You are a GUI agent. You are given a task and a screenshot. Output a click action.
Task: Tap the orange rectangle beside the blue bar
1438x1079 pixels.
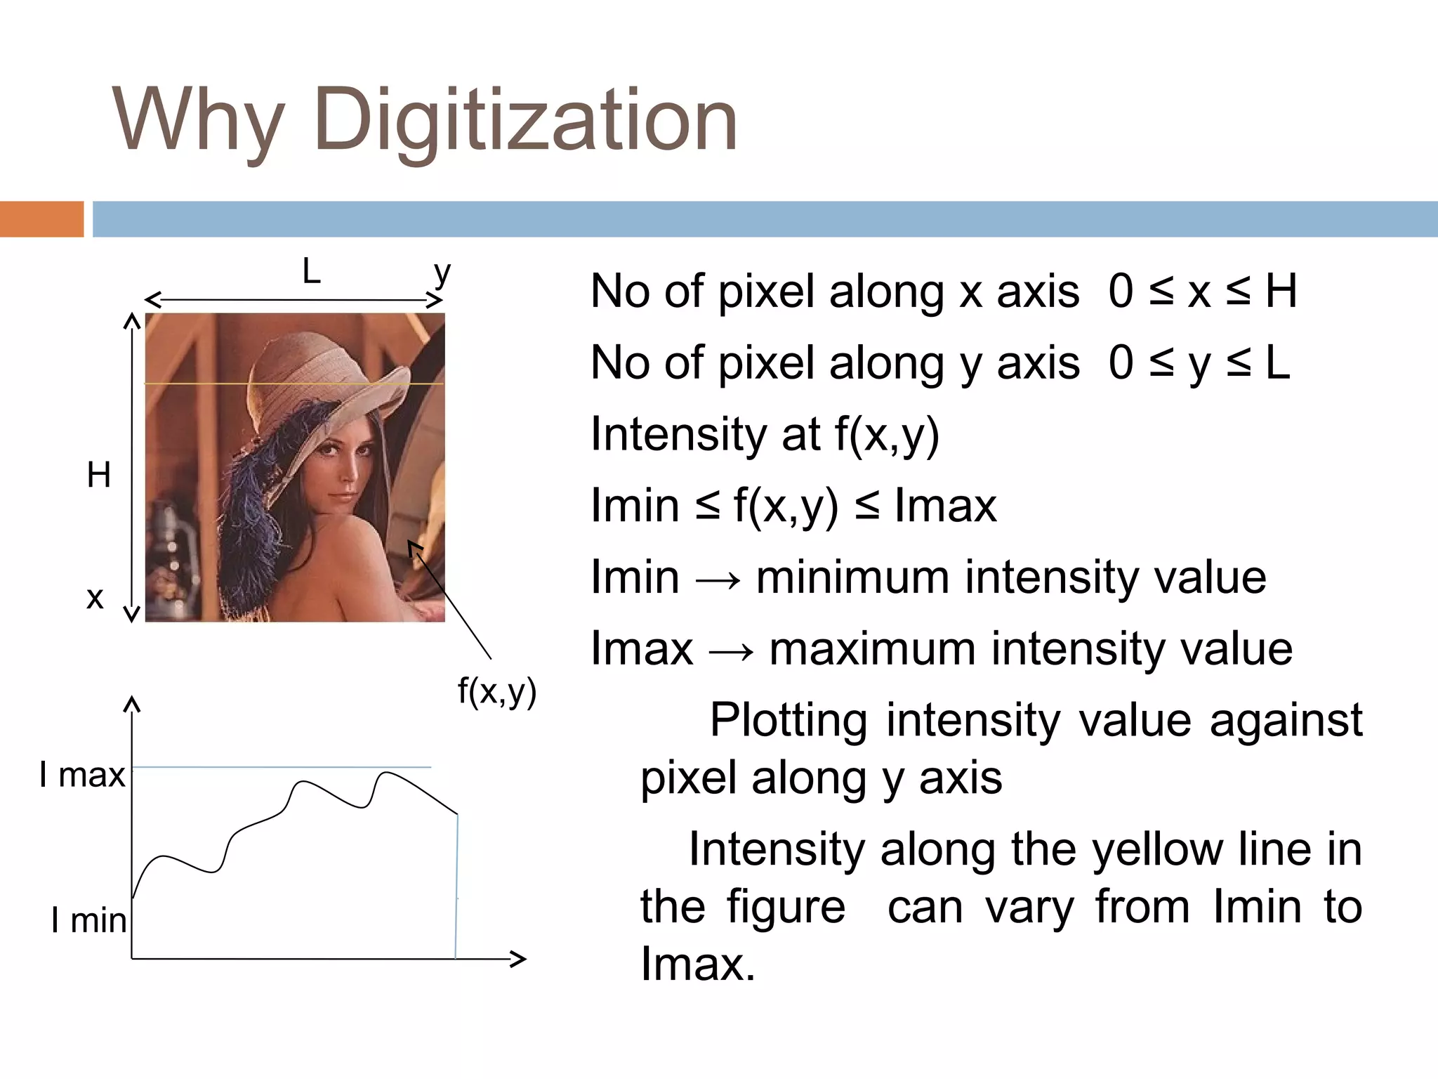coord(41,219)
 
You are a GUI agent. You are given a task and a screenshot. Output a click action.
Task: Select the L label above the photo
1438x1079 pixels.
coord(311,271)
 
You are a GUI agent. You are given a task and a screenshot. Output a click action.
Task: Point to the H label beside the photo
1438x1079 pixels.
coord(99,476)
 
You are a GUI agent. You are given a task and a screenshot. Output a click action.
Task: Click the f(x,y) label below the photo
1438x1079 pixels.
coord(497,691)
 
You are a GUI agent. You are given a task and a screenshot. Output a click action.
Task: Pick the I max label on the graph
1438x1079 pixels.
coord(82,776)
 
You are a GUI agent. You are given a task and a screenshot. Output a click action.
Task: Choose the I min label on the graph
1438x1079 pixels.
coord(89,920)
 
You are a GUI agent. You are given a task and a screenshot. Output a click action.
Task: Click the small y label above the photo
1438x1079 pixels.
coord(441,273)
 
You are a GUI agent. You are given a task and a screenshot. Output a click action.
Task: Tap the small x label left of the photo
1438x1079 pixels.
coord(95,599)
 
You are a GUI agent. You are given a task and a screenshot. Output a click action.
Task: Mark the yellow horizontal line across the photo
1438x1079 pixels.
coord(295,384)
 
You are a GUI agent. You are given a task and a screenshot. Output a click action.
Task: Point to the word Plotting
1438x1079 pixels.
coord(789,721)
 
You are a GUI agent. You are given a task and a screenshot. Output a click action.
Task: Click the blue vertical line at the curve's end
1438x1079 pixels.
coord(457,885)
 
